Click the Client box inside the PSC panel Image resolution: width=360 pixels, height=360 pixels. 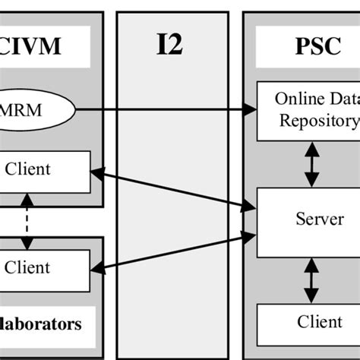(x=308, y=322)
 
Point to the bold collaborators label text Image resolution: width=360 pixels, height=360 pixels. (x=42, y=324)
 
